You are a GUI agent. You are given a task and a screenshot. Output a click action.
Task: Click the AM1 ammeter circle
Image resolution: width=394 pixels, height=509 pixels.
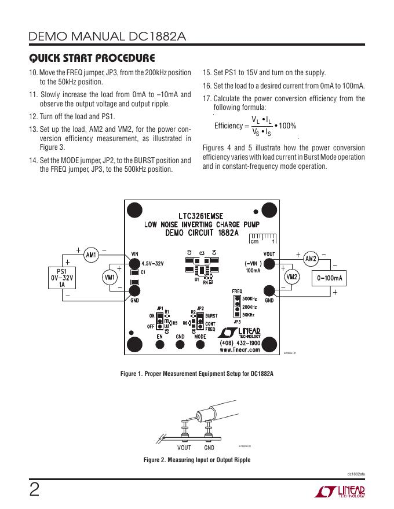coord(90,255)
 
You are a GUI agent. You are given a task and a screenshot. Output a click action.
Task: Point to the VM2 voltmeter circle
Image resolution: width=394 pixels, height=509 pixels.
coord(292,278)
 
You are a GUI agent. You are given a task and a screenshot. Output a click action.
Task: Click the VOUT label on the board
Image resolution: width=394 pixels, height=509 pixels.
coord(269,254)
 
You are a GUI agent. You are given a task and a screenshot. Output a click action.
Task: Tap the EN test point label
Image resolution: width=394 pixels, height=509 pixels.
coord(159,336)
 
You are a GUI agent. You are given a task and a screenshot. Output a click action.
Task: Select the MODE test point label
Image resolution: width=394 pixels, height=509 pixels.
coord(200,336)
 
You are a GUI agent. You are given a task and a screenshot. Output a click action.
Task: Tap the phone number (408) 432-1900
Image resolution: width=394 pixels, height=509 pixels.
coord(239,343)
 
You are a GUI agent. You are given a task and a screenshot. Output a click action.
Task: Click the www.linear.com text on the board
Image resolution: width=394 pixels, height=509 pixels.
coord(239,350)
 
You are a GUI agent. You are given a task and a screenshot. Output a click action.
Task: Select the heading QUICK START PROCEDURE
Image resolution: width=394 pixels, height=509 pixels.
coord(92,58)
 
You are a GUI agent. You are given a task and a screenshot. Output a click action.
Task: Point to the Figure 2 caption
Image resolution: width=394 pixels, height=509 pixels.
coord(197,460)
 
